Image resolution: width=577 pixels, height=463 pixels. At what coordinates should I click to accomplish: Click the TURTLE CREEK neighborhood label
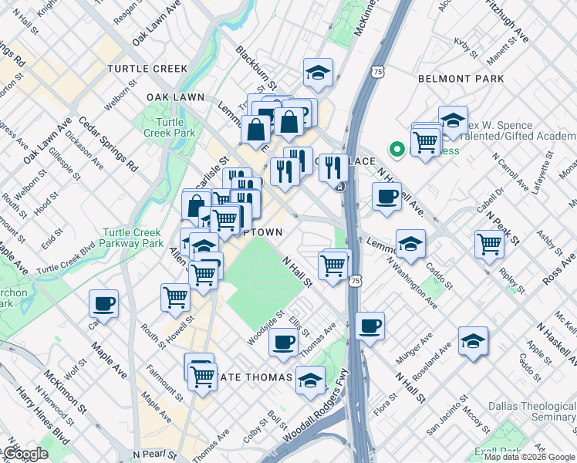(147, 69)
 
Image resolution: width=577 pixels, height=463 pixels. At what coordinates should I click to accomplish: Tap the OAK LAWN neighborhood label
(175, 96)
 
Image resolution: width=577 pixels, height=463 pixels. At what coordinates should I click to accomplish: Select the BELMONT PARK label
(461, 79)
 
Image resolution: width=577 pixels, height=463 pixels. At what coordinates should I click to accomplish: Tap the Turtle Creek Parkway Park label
(132, 238)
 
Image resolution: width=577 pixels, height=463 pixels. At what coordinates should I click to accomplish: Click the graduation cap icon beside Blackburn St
(318, 73)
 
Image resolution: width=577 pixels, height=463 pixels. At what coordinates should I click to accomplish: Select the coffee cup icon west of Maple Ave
(103, 303)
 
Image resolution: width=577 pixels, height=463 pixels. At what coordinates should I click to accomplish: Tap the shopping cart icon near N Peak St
(490, 244)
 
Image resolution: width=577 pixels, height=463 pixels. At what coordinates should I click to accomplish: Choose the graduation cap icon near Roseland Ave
(473, 341)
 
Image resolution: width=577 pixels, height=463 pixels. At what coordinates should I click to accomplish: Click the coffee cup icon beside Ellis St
(283, 340)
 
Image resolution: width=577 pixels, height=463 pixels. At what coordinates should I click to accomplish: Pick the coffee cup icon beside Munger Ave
(370, 325)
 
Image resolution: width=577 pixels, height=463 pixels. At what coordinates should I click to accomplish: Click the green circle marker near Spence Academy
(397, 149)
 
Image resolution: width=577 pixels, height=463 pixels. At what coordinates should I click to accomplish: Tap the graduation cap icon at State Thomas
(310, 380)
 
